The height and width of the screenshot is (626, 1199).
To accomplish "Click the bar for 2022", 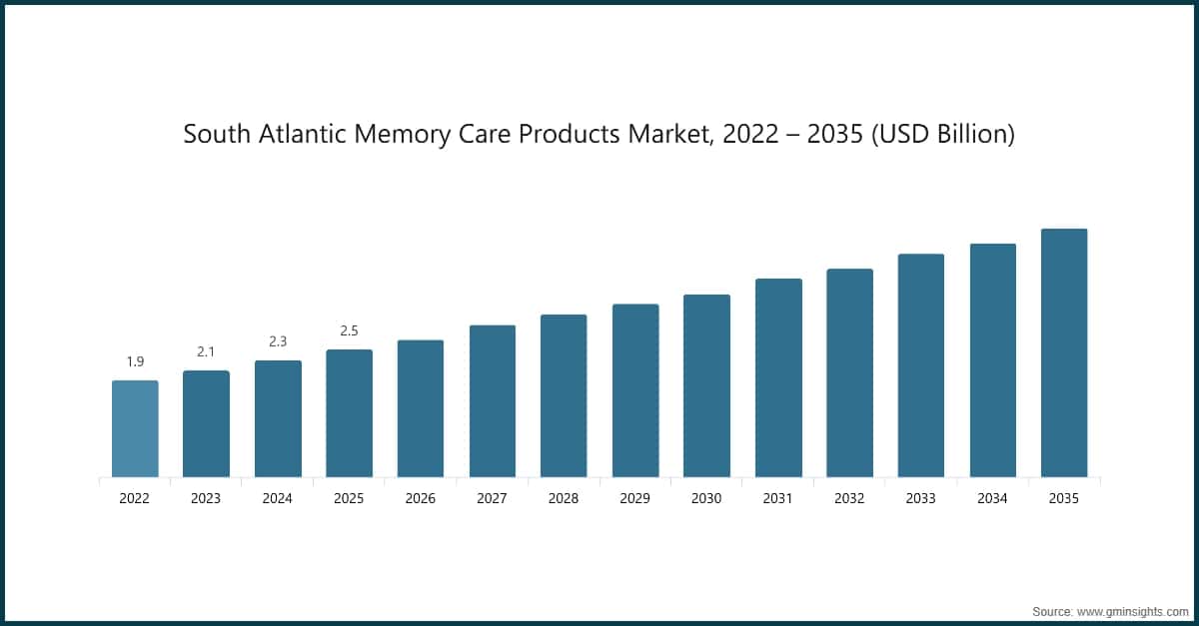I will point(135,428).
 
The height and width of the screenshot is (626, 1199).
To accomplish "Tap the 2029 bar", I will point(635,390).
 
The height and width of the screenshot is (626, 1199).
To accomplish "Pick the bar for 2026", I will point(421,408).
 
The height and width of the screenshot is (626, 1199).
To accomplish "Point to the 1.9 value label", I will point(135,361).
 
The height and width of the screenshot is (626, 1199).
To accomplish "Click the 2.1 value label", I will point(206,351).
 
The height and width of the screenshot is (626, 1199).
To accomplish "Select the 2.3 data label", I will point(278,341).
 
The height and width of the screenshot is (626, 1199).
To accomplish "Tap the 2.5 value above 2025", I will point(349,330).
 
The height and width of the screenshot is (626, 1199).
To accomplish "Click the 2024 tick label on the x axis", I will point(278,497).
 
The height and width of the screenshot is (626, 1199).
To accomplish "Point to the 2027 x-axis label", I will point(493,497).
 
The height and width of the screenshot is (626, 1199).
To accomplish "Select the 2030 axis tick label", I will point(706,497).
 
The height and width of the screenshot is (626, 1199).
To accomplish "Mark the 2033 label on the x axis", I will point(921,497).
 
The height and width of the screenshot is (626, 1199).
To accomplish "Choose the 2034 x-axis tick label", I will point(993,497).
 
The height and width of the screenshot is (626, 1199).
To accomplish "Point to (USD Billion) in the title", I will point(943,135).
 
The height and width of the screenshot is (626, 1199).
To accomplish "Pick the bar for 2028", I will point(564,395).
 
